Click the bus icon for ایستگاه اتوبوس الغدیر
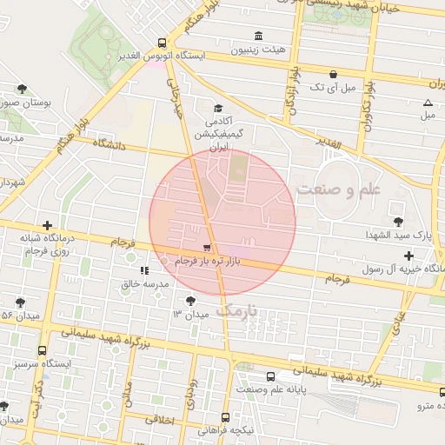click(x=163, y=43)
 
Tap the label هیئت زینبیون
click(x=257, y=50)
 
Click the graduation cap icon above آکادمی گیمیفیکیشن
click(x=217, y=109)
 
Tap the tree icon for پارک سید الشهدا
click(x=398, y=221)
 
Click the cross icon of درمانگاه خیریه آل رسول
click(x=409, y=256)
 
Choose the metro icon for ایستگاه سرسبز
click(x=41, y=349)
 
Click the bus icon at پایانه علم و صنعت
click(x=272, y=377)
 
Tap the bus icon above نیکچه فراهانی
click(x=225, y=417)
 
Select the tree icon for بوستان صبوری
click(x=22, y=89)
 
